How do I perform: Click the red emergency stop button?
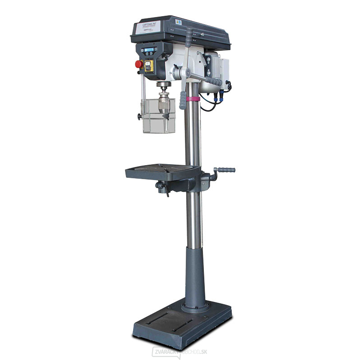[x=139, y=64]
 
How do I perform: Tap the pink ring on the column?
[x=193, y=99]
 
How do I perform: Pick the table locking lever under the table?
[x=163, y=188]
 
